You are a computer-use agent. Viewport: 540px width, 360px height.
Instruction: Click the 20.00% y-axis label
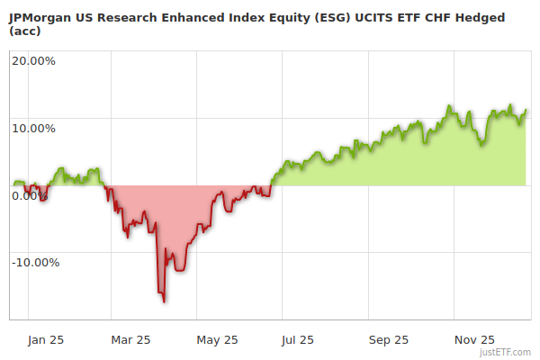[x=33, y=61]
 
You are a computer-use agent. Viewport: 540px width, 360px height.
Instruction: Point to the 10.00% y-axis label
[x=33, y=128]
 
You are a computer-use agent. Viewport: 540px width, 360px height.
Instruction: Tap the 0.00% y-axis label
[x=31, y=195]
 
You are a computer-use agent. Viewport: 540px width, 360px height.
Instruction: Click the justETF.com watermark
[x=507, y=352]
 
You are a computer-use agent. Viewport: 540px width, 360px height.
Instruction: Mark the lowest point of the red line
[x=164, y=301]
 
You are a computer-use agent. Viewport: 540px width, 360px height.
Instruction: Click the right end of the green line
[x=526, y=110]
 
